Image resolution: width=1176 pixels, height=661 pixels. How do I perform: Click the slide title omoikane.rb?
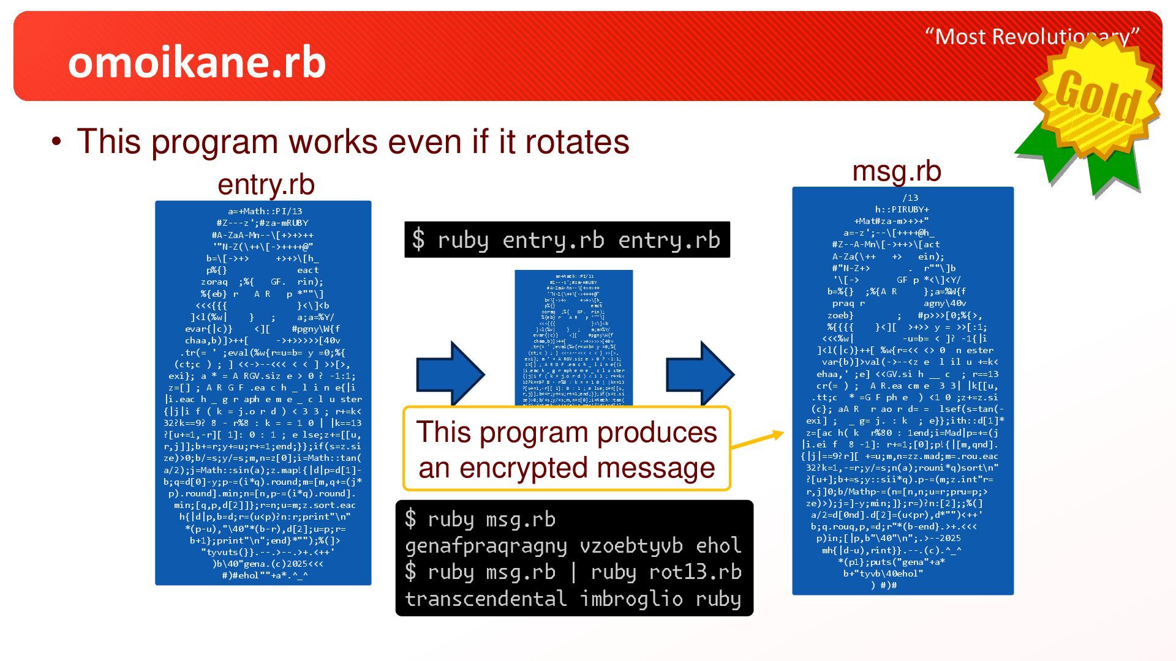click(197, 62)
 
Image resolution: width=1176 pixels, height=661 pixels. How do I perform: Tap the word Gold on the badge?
click(1097, 97)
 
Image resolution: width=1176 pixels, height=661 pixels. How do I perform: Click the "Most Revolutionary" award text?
click(1031, 37)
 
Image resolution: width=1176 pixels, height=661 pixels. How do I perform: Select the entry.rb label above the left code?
click(266, 184)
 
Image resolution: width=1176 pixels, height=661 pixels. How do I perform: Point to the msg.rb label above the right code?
click(896, 171)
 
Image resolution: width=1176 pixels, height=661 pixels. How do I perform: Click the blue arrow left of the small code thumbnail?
click(450, 373)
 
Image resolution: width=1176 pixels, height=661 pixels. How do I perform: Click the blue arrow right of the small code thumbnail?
click(700, 373)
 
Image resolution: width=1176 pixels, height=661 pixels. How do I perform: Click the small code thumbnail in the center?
click(573, 337)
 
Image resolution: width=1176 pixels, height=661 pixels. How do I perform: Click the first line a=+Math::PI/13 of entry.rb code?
click(265, 212)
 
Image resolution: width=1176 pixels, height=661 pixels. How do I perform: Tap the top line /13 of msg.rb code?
click(910, 198)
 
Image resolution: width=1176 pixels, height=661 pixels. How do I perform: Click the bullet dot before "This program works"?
click(57, 142)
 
